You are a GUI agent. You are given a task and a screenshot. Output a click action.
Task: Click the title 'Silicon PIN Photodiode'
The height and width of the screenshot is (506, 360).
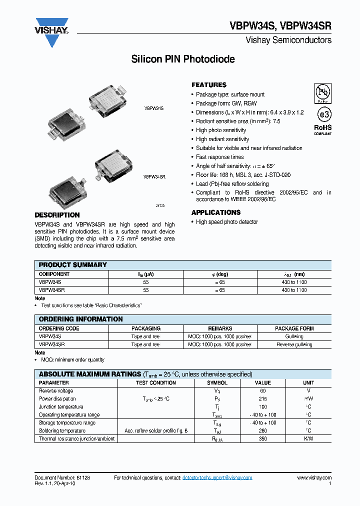pyautogui.click(x=183, y=59)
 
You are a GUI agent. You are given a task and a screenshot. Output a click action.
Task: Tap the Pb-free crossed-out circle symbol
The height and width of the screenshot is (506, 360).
pyautogui.click(x=322, y=93)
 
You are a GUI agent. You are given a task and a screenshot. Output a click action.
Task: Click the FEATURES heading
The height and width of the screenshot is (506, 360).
pyautogui.click(x=209, y=85)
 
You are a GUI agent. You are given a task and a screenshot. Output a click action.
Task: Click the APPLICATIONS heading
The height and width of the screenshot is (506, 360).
pyautogui.click(x=216, y=212)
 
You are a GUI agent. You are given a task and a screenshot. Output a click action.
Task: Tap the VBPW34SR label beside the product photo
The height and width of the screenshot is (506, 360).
pyautogui.click(x=154, y=177)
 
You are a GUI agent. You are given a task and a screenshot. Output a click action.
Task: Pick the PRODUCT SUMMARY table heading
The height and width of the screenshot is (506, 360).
pyautogui.click(x=72, y=265)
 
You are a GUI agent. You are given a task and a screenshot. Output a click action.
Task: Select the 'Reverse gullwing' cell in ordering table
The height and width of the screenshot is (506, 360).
pyautogui.click(x=294, y=344)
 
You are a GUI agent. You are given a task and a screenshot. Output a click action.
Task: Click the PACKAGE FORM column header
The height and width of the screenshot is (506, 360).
pyautogui.click(x=294, y=328)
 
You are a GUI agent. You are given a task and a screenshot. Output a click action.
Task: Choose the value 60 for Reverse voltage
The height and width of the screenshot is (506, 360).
pyautogui.click(x=262, y=391)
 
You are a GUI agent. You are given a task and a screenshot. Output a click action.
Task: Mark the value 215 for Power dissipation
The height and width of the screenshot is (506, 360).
pyautogui.click(x=262, y=399)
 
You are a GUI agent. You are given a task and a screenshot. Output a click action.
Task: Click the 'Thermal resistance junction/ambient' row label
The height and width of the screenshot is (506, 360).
pyautogui.click(x=76, y=439)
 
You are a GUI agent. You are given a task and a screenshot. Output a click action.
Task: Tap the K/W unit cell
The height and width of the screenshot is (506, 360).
pyautogui.click(x=308, y=439)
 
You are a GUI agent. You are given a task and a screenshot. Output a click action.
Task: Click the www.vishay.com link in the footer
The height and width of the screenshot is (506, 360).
pyautogui.click(x=314, y=478)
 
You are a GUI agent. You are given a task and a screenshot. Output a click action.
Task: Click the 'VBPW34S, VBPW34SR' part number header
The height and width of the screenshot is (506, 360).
pyautogui.click(x=280, y=27)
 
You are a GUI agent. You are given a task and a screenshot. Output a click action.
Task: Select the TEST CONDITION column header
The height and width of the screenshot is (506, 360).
pyautogui.click(x=156, y=383)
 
